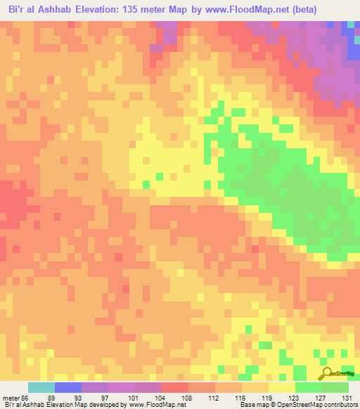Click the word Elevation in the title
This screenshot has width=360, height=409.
[98, 10]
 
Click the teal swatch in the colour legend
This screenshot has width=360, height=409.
[41, 387]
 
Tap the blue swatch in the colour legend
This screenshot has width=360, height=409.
[68, 387]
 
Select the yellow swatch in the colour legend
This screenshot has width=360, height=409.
[282, 387]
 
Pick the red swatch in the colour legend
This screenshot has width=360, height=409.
[175, 387]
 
